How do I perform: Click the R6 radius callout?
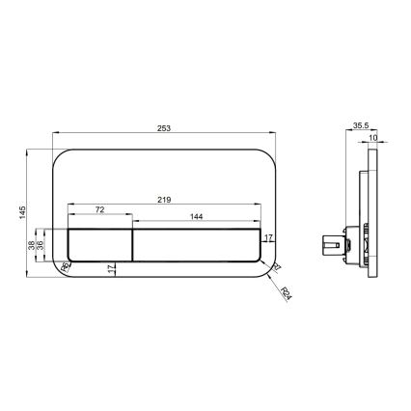[x=67, y=266]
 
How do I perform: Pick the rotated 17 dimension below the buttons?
[x=112, y=270]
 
